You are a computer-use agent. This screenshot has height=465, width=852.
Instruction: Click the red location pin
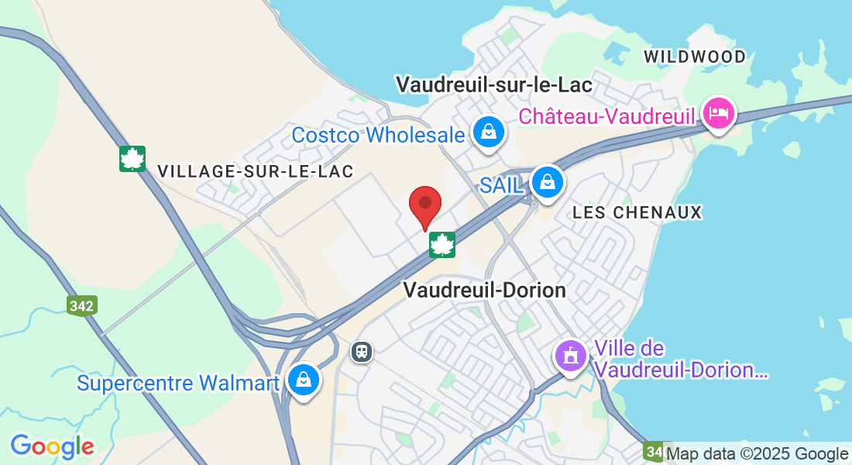425,205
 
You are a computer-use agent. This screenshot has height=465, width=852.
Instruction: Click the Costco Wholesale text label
378,135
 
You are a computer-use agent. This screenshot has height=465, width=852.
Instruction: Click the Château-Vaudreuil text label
608,115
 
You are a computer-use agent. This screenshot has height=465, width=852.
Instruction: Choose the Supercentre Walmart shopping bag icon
303,380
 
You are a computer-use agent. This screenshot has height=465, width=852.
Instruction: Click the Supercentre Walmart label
178,383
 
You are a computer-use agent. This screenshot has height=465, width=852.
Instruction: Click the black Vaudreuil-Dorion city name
484,290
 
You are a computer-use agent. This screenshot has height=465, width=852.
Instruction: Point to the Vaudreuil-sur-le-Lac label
493,84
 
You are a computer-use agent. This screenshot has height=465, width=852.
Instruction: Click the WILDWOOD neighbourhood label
694,57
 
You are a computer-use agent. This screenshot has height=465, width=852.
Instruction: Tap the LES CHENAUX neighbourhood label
637,212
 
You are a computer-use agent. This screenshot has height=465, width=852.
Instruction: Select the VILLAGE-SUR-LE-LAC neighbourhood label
255,171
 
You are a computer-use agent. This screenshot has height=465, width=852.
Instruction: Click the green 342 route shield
81,305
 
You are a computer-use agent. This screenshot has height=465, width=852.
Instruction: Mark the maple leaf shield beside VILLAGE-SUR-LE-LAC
132,159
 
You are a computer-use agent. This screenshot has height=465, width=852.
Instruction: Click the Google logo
52,446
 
